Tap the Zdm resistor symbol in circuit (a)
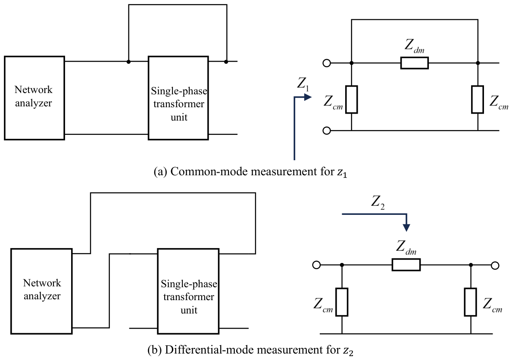point(414,63)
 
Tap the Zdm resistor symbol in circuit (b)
point(406,265)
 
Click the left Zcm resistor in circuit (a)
point(351,99)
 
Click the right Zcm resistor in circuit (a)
point(478,99)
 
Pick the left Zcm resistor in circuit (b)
point(342,302)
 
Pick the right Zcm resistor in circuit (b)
point(470,302)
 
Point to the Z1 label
point(303,84)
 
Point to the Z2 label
point(378,202)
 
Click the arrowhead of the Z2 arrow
point(406,228)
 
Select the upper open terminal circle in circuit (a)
point(327,63)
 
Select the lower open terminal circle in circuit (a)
point(327,131)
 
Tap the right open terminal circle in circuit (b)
point(495,265)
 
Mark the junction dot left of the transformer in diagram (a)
point(129,62)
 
